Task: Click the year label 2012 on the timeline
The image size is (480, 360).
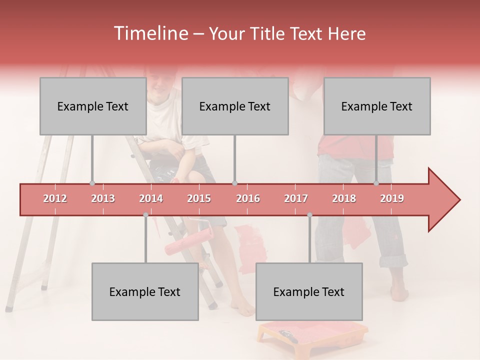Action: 55,198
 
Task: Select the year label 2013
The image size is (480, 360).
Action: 103,198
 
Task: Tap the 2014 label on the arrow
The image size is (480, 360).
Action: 151,198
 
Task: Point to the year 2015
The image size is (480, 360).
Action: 199,198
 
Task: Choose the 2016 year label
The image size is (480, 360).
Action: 248,198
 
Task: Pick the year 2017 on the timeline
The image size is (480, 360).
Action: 296,198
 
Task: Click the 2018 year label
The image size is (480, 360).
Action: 344,198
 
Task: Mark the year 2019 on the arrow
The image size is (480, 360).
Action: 392,198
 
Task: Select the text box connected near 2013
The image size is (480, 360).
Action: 92,106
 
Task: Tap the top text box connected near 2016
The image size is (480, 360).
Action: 234,106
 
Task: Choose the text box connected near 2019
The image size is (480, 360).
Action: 376,106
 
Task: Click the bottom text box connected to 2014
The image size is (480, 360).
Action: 144,291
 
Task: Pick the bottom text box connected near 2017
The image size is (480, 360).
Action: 308,291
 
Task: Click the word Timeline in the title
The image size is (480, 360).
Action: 150,33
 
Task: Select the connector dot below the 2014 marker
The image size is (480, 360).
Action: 145,215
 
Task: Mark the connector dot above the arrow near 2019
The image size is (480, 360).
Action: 376,183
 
